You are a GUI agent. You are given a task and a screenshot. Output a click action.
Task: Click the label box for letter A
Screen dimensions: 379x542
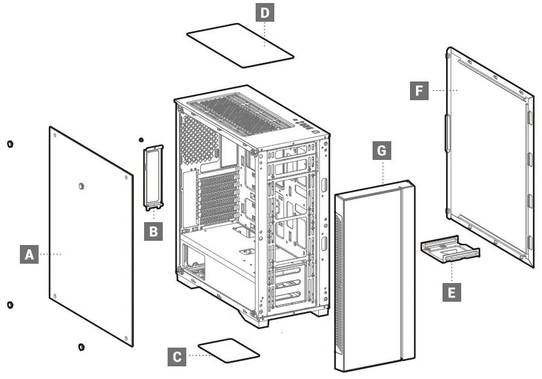28,255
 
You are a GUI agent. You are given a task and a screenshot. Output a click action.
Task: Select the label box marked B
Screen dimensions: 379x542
154,231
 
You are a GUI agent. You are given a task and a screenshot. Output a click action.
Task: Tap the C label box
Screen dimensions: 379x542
177,357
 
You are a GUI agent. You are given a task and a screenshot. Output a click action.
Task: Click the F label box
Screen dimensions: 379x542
420,91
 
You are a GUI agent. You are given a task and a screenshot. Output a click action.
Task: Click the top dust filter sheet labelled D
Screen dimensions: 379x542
239,45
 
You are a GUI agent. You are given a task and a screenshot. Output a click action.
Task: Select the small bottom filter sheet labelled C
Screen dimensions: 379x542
228,350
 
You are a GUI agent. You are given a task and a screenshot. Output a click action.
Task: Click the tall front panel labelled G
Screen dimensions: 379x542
371,278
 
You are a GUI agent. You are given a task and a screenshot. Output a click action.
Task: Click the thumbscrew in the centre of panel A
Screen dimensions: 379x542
82,186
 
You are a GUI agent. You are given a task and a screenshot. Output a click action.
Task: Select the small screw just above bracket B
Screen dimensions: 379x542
141,139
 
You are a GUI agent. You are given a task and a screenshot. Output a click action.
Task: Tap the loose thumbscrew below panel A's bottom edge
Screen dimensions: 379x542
81,346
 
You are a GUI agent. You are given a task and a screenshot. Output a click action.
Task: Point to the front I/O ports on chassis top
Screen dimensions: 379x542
304,127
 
